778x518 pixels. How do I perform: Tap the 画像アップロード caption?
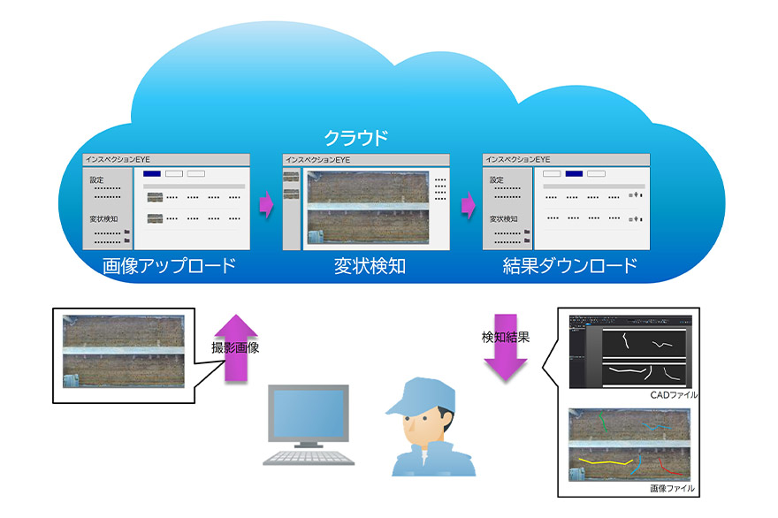[169, 266]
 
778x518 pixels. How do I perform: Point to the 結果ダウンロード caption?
[569, 266]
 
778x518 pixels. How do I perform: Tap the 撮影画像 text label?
[235, 347]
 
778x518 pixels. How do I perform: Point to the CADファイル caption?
[670, 394]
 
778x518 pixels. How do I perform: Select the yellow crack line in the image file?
[604, 461]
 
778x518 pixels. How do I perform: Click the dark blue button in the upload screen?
[151, 173]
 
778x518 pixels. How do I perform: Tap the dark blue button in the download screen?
[575, 173]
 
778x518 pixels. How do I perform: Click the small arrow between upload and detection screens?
[265, 207]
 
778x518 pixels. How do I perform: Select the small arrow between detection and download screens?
[466, 207]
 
